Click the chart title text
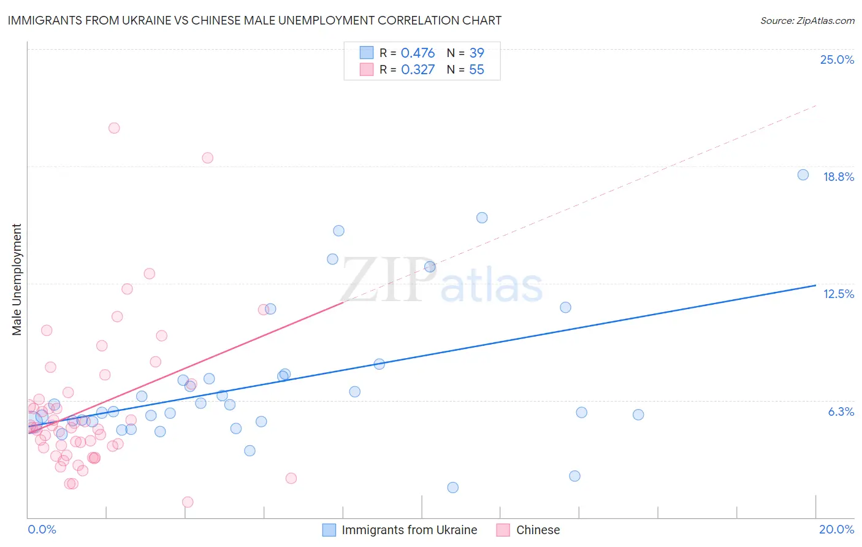(x=254, y=20)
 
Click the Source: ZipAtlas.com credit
(x=807, y=20)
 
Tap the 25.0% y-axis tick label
(x=837, y=59)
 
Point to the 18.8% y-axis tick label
(x=838, y=177)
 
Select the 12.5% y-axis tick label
(x=838, y=294)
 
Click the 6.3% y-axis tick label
(x=841, y=411)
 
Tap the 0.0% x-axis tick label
(x=42, y=529)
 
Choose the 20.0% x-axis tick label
(x=836, y=529)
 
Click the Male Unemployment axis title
(x=17, y=280)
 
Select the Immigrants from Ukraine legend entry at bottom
(x=409, y=530)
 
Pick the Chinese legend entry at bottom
(x=538, y=530)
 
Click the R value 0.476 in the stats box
(x=418, y=53)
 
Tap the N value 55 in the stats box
(x=476, y=70)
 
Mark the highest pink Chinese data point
(x=114, y=128)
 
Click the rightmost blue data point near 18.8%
(x=803, y=175)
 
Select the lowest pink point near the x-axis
(x=188, y=502)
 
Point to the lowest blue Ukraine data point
(x=452, y=488)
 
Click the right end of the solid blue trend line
(x=815, y=285)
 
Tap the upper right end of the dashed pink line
(x=815, y=106)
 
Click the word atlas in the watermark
(x=492, y=286)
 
